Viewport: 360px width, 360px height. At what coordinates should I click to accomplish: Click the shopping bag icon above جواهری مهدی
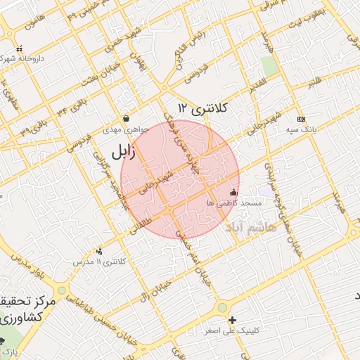click(126, 118)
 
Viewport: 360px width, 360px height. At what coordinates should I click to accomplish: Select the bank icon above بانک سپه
click(301, 119)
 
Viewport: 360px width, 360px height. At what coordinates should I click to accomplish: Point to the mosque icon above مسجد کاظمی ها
click(233, 191)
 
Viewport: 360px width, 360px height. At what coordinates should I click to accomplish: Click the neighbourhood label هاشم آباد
click(250, 227)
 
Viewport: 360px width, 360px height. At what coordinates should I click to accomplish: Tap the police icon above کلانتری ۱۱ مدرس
click(98, 251)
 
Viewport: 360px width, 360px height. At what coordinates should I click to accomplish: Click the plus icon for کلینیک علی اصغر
click(233, 320)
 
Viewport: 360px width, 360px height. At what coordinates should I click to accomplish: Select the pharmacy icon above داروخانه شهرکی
click(19, 49)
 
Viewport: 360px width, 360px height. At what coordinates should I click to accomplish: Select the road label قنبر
click(314, 84)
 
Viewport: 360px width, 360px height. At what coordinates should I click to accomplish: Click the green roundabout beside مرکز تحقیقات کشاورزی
click(62, 290)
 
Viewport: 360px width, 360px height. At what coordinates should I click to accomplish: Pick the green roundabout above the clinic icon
click(223, 307)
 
